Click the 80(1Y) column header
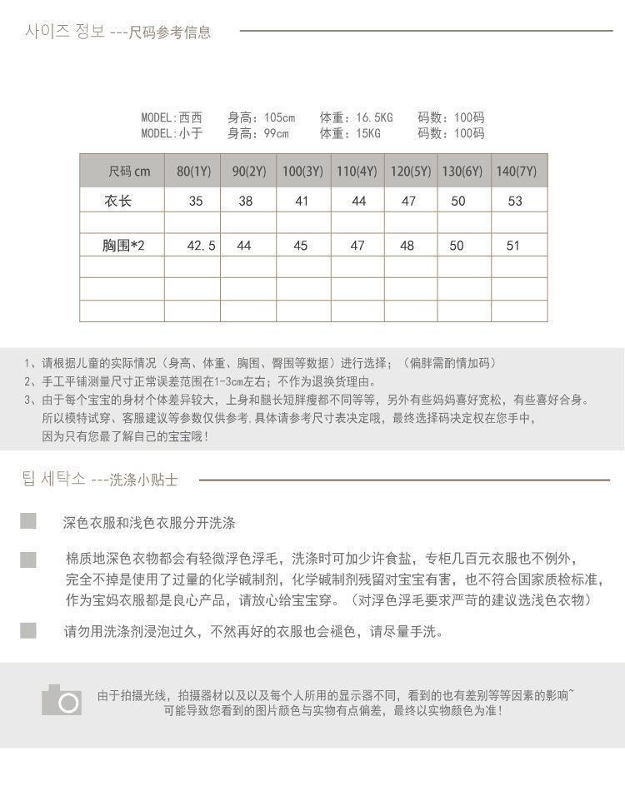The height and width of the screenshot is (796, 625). point(193,172)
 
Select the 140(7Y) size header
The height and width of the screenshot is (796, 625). point(517,172)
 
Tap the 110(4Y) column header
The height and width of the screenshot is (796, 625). point(357,172)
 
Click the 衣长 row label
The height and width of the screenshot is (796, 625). point(118,201)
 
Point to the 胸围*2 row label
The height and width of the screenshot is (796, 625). point(123,246)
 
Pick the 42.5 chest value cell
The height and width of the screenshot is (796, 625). point(201,246)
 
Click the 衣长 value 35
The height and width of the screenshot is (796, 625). point(196,201)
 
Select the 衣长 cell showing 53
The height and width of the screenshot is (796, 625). point(515,201)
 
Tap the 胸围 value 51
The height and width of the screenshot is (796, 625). point(513,246)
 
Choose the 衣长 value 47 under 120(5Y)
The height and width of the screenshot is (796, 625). point(408,201)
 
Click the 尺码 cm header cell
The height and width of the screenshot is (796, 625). point(130,172)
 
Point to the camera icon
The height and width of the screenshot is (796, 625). point(62,700)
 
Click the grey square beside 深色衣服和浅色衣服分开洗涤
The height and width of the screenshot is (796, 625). point(28,521)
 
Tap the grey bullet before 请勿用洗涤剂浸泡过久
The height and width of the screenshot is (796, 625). point(28,630)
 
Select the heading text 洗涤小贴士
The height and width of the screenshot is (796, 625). point(143,480)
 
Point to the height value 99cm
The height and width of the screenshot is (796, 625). point(276,133)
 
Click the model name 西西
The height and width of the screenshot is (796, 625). point(190,117)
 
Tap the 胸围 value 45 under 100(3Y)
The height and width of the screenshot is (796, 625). point(301,246)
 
